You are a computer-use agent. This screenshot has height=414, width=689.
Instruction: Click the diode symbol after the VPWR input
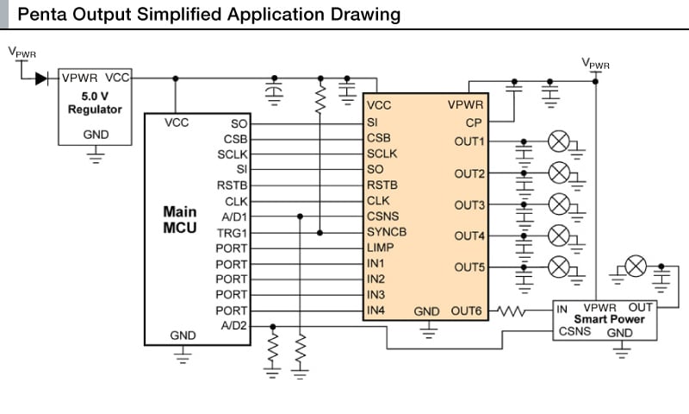pyautogui.click(x=40, y=78)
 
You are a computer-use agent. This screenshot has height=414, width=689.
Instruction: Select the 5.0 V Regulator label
pyautogui.click(x=95, y=103)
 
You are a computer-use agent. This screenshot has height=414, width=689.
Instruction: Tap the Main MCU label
pyautogui.click(x=180, y=220)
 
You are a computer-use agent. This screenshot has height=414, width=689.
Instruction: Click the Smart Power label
pyautogui.click(x=615, y=319)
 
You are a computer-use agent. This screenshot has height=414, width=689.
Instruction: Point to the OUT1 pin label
pyautogui.click(x=469, y=141)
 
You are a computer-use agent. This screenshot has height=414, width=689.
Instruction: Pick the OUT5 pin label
pyautogui.click(x=469, y=267)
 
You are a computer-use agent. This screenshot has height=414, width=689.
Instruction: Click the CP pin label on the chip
pyautogui.click(x=475, y=122)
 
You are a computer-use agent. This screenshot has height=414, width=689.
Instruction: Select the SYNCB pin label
pyautogui.click(x=386, y=232)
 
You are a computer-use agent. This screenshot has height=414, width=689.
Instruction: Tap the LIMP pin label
pyautogui.click(x=380, y=248)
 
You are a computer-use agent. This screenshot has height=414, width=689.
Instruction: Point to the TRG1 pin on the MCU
pyautogui.click(x=233, y=232)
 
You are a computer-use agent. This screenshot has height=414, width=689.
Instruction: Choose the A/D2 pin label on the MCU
pyautogui.click(x=233, y=325)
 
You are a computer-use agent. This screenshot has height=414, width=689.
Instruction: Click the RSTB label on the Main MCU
pyautogui.click(x=233, y=185)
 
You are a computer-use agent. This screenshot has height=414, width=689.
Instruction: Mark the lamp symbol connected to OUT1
pyautogui.click(x=558, y=141)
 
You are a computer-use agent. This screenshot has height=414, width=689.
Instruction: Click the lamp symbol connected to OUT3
pyautogui.click(x=558, y=204)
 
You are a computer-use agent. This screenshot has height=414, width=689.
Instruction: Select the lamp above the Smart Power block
pyautogui.click(x=635, y=267)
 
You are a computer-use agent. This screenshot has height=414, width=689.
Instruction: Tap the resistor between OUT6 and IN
pyautogui.click(x=514, y=310)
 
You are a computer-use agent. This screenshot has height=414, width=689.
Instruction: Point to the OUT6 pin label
pyautogui.click(x=469, y=310)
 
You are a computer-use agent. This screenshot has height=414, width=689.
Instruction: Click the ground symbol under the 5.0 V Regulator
pyautogui.click(x=95, y=155)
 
